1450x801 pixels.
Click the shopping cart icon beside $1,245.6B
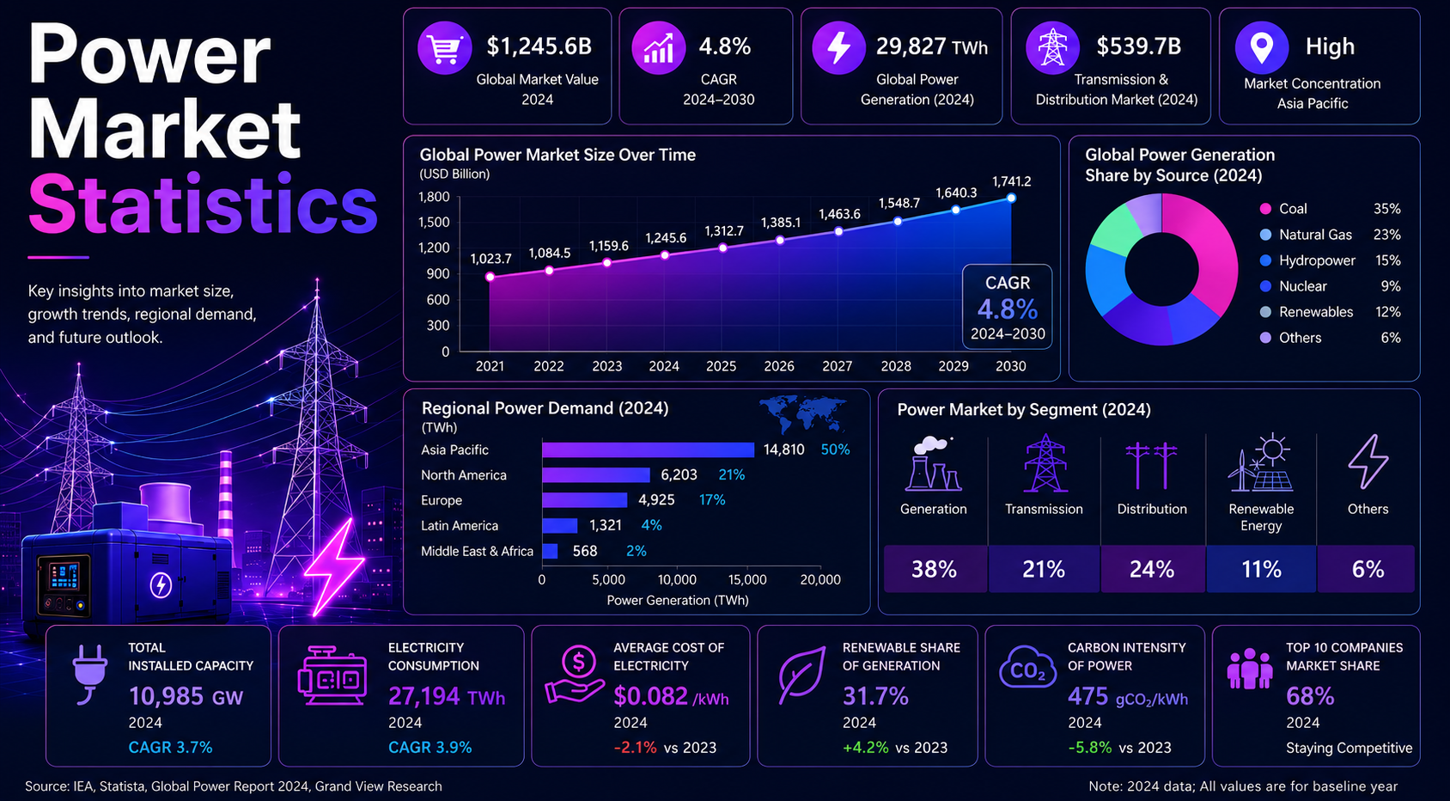click(445, 48)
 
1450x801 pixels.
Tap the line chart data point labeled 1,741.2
click(1011, 199)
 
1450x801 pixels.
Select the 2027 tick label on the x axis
click(837, 366)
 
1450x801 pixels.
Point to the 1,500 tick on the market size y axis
click(434, 222)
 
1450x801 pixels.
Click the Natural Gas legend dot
click(1265, 235)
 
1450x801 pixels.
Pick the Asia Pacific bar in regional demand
click(648, 449)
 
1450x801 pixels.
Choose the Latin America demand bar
click(559, 525)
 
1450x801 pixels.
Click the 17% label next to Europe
click(712, 500)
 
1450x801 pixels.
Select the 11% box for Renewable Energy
click(1261, 569)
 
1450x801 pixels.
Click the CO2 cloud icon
click(1027, 668)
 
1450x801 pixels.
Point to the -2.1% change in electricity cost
click(635, 747)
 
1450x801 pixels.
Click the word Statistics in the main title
click(203, 204)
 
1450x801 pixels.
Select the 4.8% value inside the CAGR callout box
click(1008, 309)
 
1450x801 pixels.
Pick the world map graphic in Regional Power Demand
click(802, 414)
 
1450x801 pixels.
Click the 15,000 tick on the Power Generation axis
click(747, 579)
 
